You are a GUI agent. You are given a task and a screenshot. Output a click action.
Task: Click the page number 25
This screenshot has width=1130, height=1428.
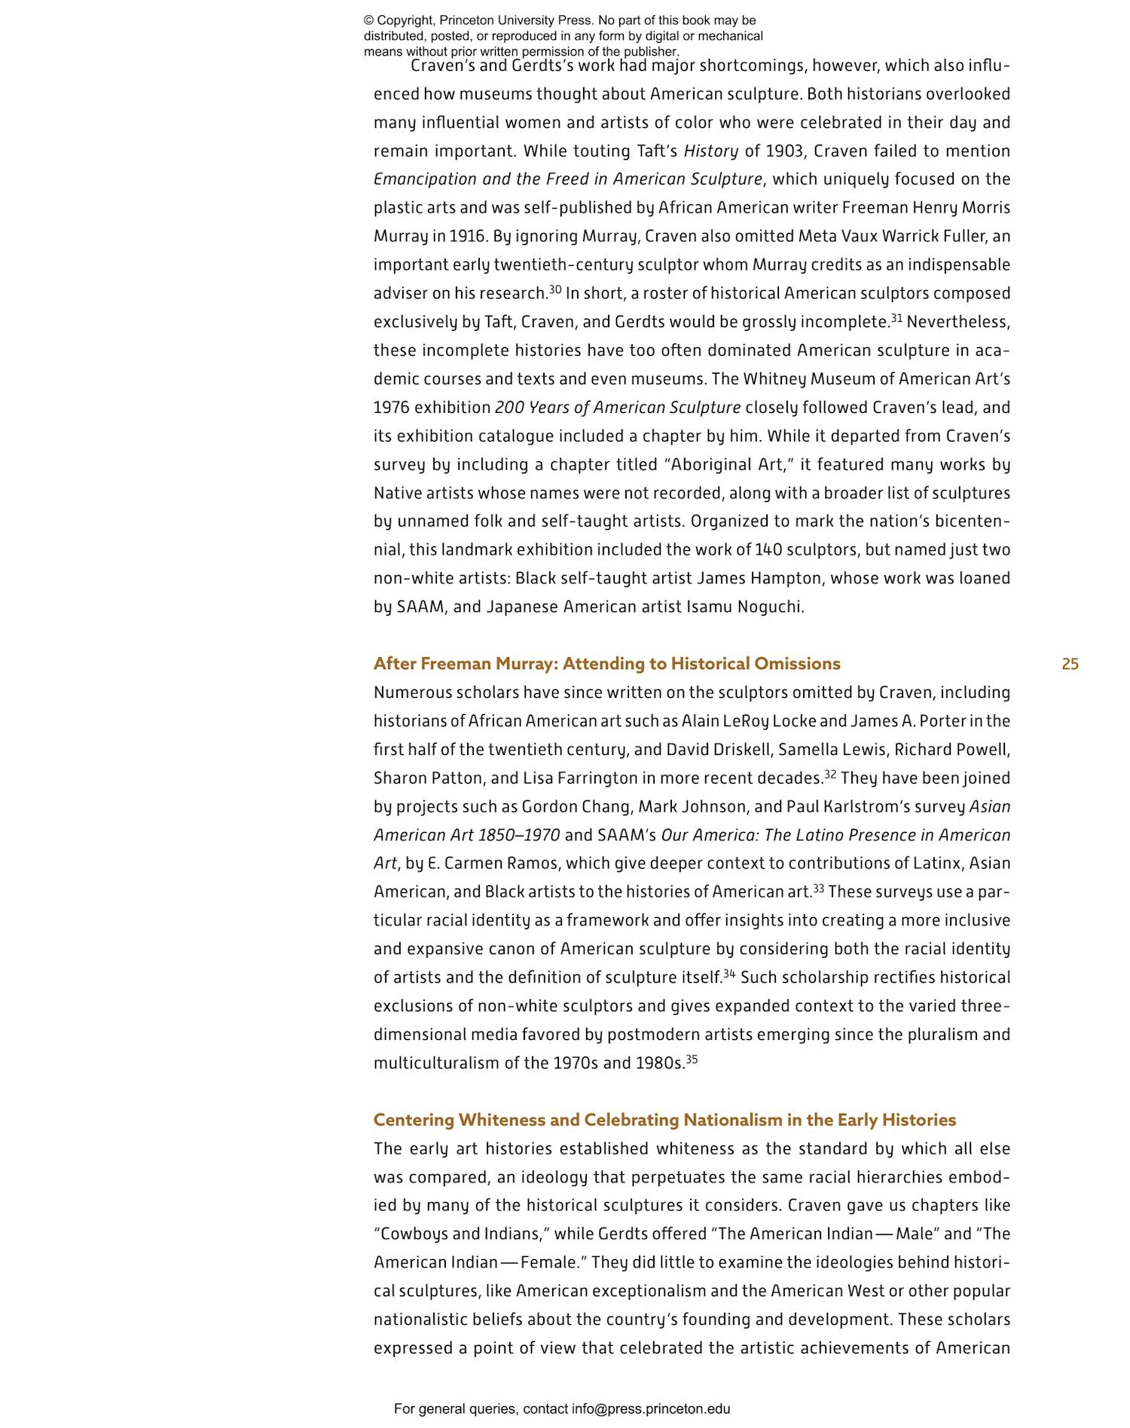coord(1070,664)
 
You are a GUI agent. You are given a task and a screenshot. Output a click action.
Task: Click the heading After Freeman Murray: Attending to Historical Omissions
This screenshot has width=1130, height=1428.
coord(606,664)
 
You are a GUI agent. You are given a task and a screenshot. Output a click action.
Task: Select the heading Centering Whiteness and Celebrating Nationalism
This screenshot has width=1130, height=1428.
coord(664,1120)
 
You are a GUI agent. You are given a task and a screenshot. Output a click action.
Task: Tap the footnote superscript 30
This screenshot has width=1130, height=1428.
coord(555,289)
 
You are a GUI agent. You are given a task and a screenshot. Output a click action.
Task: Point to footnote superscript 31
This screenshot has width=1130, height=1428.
coord(896,318)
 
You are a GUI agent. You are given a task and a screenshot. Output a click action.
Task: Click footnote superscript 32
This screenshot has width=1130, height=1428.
coord(830,774)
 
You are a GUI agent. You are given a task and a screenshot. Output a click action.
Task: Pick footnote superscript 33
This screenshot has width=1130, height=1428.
coord(818,888)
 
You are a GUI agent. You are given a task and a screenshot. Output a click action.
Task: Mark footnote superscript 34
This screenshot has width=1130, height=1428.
coord(729,974)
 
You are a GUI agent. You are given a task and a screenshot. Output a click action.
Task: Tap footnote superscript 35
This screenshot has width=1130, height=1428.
coord(692,1060)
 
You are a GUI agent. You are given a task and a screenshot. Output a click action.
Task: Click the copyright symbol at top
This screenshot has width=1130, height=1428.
coord(368,20)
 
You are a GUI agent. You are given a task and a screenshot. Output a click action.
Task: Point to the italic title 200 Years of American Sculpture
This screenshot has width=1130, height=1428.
coord(618,408)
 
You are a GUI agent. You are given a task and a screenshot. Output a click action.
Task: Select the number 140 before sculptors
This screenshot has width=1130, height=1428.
coord(768,550)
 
